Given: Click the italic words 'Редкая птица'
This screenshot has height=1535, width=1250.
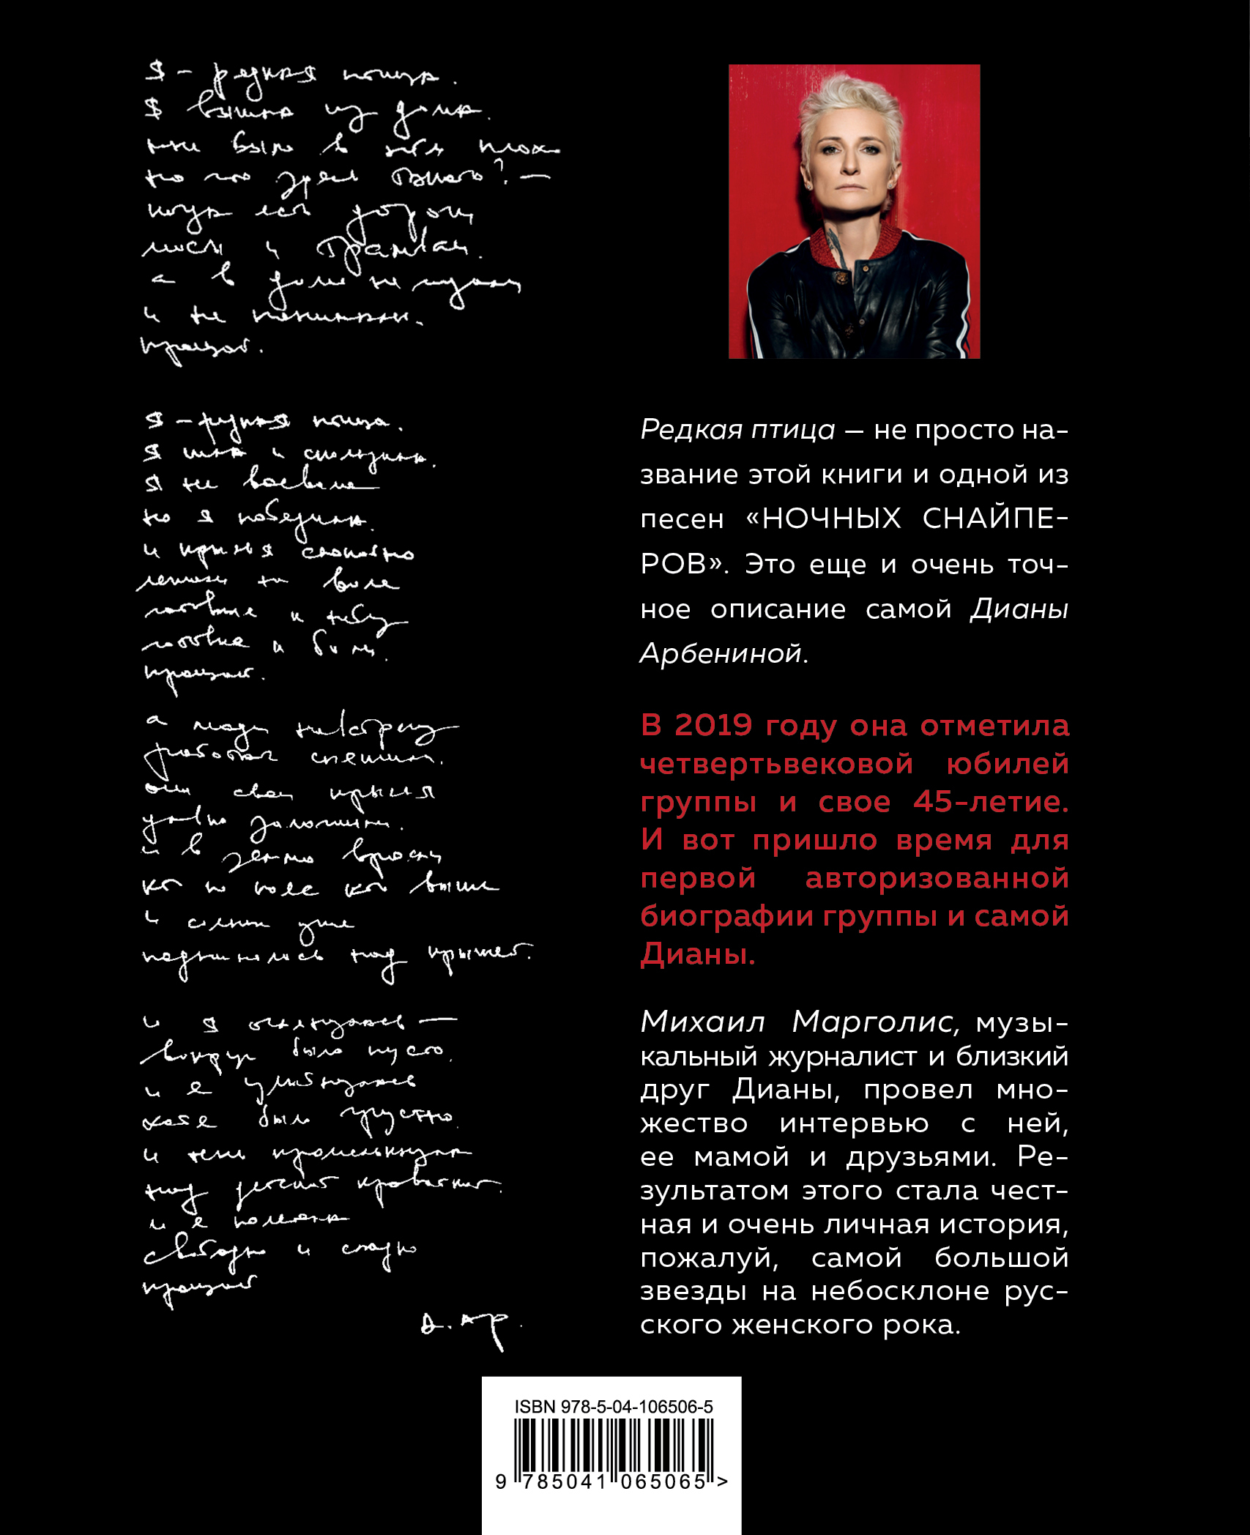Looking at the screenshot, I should [737, 430].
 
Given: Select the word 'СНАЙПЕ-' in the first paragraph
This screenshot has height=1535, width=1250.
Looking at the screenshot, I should [995, 519].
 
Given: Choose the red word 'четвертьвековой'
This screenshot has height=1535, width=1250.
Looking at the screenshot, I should [776, 764].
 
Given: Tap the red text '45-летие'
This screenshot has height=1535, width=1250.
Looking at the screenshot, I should [991, 802].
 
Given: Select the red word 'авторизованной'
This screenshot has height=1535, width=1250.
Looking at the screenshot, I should [937, 878].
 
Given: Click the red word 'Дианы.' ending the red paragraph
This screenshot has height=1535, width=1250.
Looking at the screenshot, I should [697, 954].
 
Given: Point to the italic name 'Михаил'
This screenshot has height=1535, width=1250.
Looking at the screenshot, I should [702, 1022].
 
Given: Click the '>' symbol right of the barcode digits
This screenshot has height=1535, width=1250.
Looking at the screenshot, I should [722, 1482].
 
